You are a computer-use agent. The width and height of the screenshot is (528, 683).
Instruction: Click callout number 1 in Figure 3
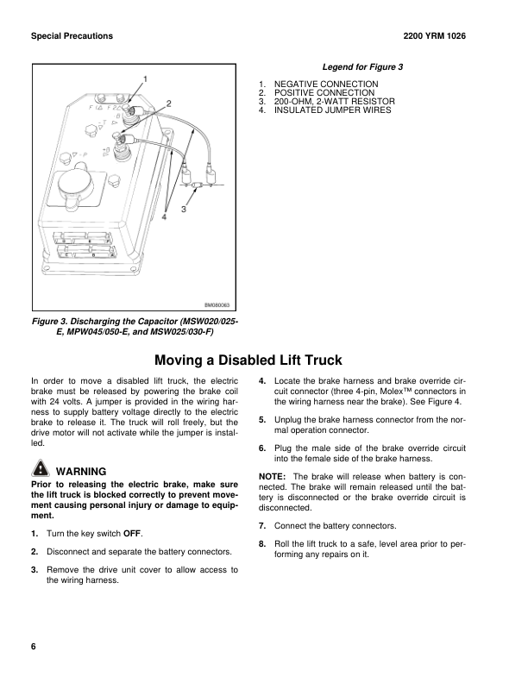[x=146, y=78]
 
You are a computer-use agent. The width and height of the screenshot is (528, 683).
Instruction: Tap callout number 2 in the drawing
[x=168, y=103]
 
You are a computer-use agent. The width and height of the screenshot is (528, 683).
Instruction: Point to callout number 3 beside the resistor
[x=185, y=209]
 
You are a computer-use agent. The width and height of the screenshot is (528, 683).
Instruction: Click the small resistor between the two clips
[x=196, y=185]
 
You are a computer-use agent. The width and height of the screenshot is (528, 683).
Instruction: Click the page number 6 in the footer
[x=33, y=648]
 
